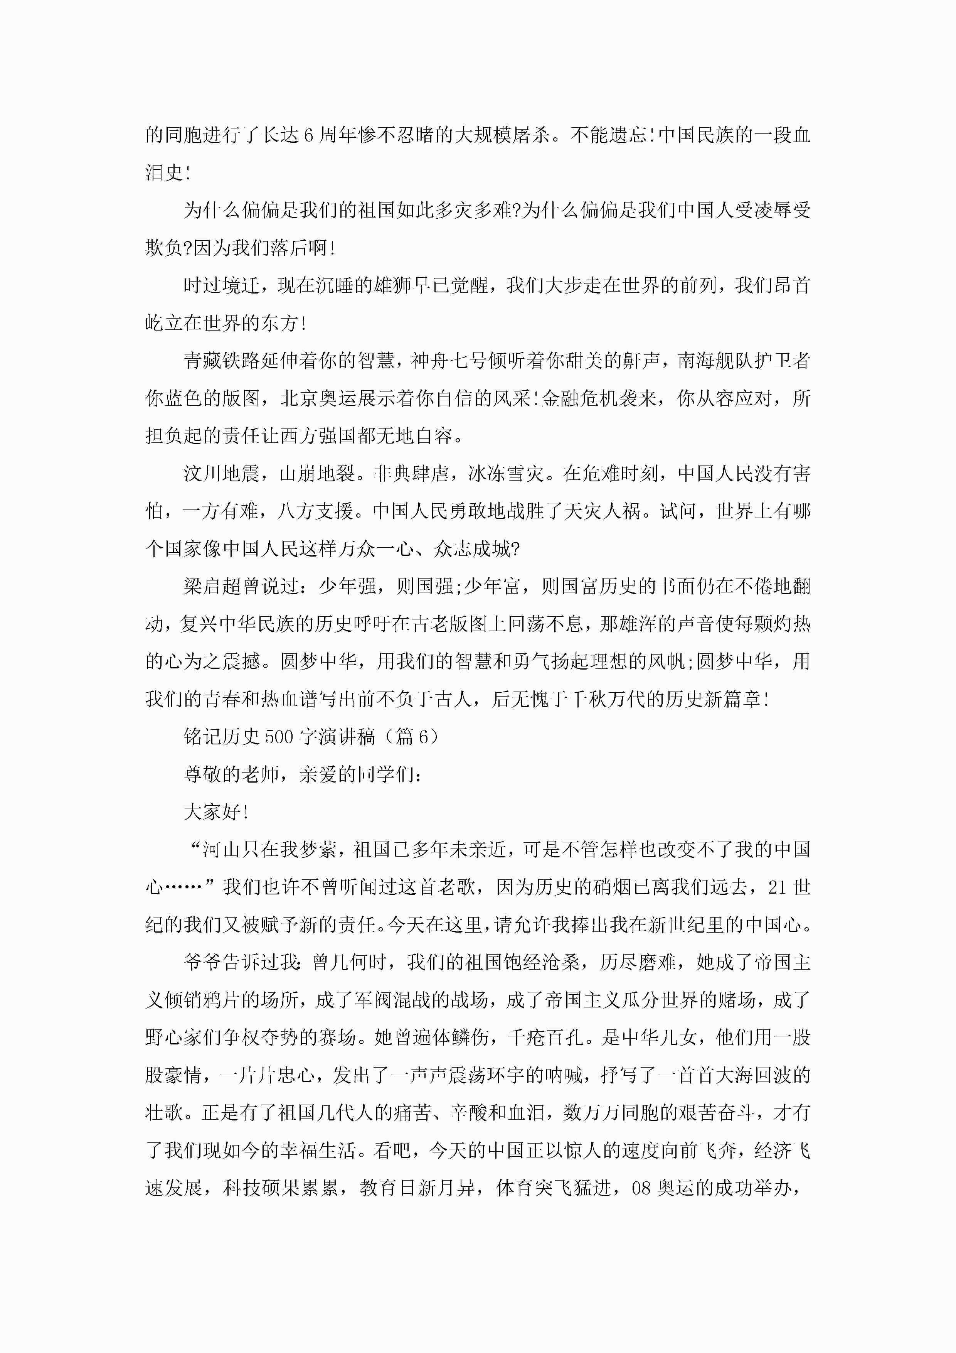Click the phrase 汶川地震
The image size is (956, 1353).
click(x=222, y=474)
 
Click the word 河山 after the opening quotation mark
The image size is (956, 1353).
click(x=222, y=850)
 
